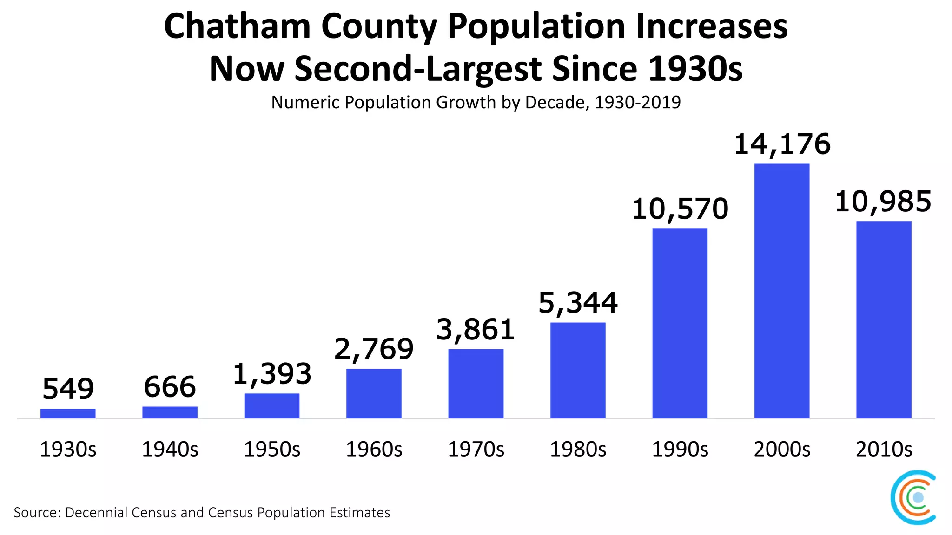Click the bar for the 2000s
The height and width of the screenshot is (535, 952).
tap(782, 291)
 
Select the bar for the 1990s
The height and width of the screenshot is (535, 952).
tap(680, 323)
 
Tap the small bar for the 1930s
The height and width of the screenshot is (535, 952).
tap(68, 413)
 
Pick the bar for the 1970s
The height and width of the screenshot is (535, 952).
tap(476, 384)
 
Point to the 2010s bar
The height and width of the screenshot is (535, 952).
tap(884, 320)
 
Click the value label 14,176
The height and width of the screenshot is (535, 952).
tap(782, 144)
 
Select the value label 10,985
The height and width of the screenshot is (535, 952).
tap(883, 202)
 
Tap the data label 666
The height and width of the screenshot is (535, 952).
tap(170, 387)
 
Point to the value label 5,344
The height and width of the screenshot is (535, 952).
tap(578, 303)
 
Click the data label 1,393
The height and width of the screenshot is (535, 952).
tap(272, 374)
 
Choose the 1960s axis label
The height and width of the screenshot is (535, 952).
tap(374, 449)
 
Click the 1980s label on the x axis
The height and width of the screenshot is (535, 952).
tap(578, 449)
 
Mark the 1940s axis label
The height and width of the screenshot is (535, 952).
tap(170, 449)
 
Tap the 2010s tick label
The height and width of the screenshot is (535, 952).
tap(884, 449)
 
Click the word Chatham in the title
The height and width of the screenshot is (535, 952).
tap(237, 26)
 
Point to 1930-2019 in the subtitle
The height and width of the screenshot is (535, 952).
tap(637, 102)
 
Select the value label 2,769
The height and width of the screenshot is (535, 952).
tap(374, 349)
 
